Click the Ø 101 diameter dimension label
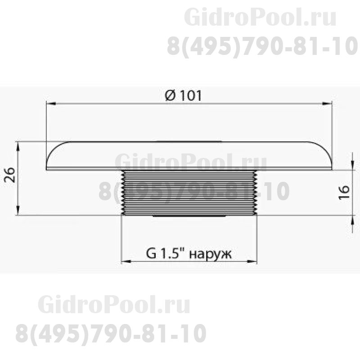tap(183, 95)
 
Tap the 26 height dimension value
tap(9, 175)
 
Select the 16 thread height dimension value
tap(344, 193)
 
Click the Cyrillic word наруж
tap(211, 254)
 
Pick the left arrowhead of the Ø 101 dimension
tap(51, 104)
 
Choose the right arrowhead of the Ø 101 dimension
tap(327, 104)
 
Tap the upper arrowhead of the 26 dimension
tap(18, 147)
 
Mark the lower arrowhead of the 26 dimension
tap(18, 210)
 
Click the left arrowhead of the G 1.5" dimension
tap(126, 261)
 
